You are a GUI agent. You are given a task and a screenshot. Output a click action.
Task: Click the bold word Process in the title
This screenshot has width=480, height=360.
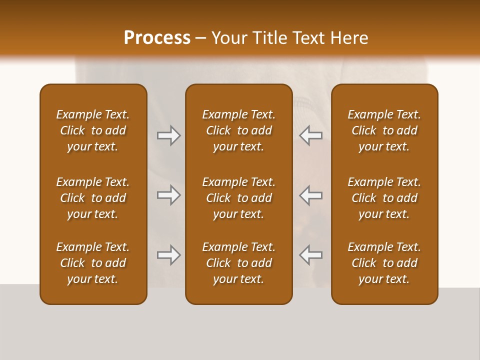(x=157, y=38)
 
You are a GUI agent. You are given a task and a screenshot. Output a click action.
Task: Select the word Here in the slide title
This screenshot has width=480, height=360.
(x=349, y=38)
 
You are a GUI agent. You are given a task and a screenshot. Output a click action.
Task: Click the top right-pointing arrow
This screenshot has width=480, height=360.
(x=168, y=135)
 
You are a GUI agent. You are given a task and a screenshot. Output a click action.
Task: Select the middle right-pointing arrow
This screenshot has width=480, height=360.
(x=168, y=195)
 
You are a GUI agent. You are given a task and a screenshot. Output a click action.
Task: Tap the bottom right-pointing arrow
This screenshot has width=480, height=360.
(x=168, y=255)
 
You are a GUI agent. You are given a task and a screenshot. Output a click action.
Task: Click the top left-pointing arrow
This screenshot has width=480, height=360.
(x=311, y=135)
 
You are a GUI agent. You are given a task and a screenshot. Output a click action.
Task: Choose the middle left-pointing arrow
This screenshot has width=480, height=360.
(x=311, y=195)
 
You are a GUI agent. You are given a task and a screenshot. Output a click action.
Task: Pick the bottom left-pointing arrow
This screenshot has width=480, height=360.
(x=311, y=255)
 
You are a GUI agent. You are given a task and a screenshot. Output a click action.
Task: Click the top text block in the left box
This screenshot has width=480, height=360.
(x=93, y=130)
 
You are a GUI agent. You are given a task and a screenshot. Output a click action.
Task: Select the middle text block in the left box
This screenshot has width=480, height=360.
(x=93, y=198)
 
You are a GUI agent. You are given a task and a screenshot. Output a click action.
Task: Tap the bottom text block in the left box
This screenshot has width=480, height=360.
(x=93, y=263)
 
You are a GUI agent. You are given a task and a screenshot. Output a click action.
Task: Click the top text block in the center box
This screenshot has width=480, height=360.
(x=238, y=130)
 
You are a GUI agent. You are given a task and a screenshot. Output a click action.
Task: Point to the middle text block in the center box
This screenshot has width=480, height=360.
(x=238, y=198)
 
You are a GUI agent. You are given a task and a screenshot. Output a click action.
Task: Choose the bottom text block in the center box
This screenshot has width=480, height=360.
(x=238, y=263)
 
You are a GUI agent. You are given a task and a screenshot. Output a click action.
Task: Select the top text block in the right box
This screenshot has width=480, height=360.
(x=384, y=130)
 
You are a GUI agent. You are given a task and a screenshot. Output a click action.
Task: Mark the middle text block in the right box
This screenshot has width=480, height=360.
(x=384, y=198)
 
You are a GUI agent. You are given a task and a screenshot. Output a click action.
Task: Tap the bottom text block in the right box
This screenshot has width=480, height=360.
(x=384, y=263)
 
